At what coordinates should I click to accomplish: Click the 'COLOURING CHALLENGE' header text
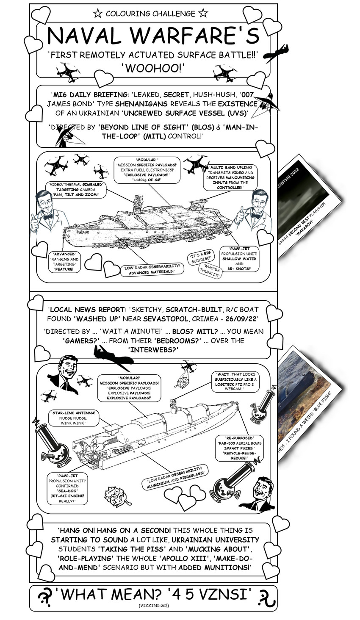(150, 14)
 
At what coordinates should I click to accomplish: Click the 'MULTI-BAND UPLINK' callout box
(231, 177)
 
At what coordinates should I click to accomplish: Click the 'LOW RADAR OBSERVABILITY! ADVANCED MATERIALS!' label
(152, 269)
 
